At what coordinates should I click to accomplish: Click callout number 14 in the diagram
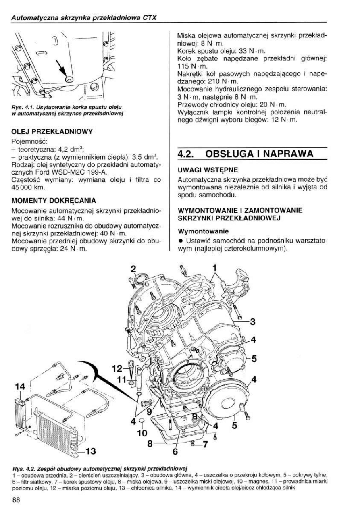20,386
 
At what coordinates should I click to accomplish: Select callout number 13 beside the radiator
91,451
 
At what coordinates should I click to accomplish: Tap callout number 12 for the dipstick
117,368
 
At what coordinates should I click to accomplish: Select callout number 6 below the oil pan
175,451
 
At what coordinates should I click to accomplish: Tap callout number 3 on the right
253,321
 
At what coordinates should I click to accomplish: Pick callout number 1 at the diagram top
215,267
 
